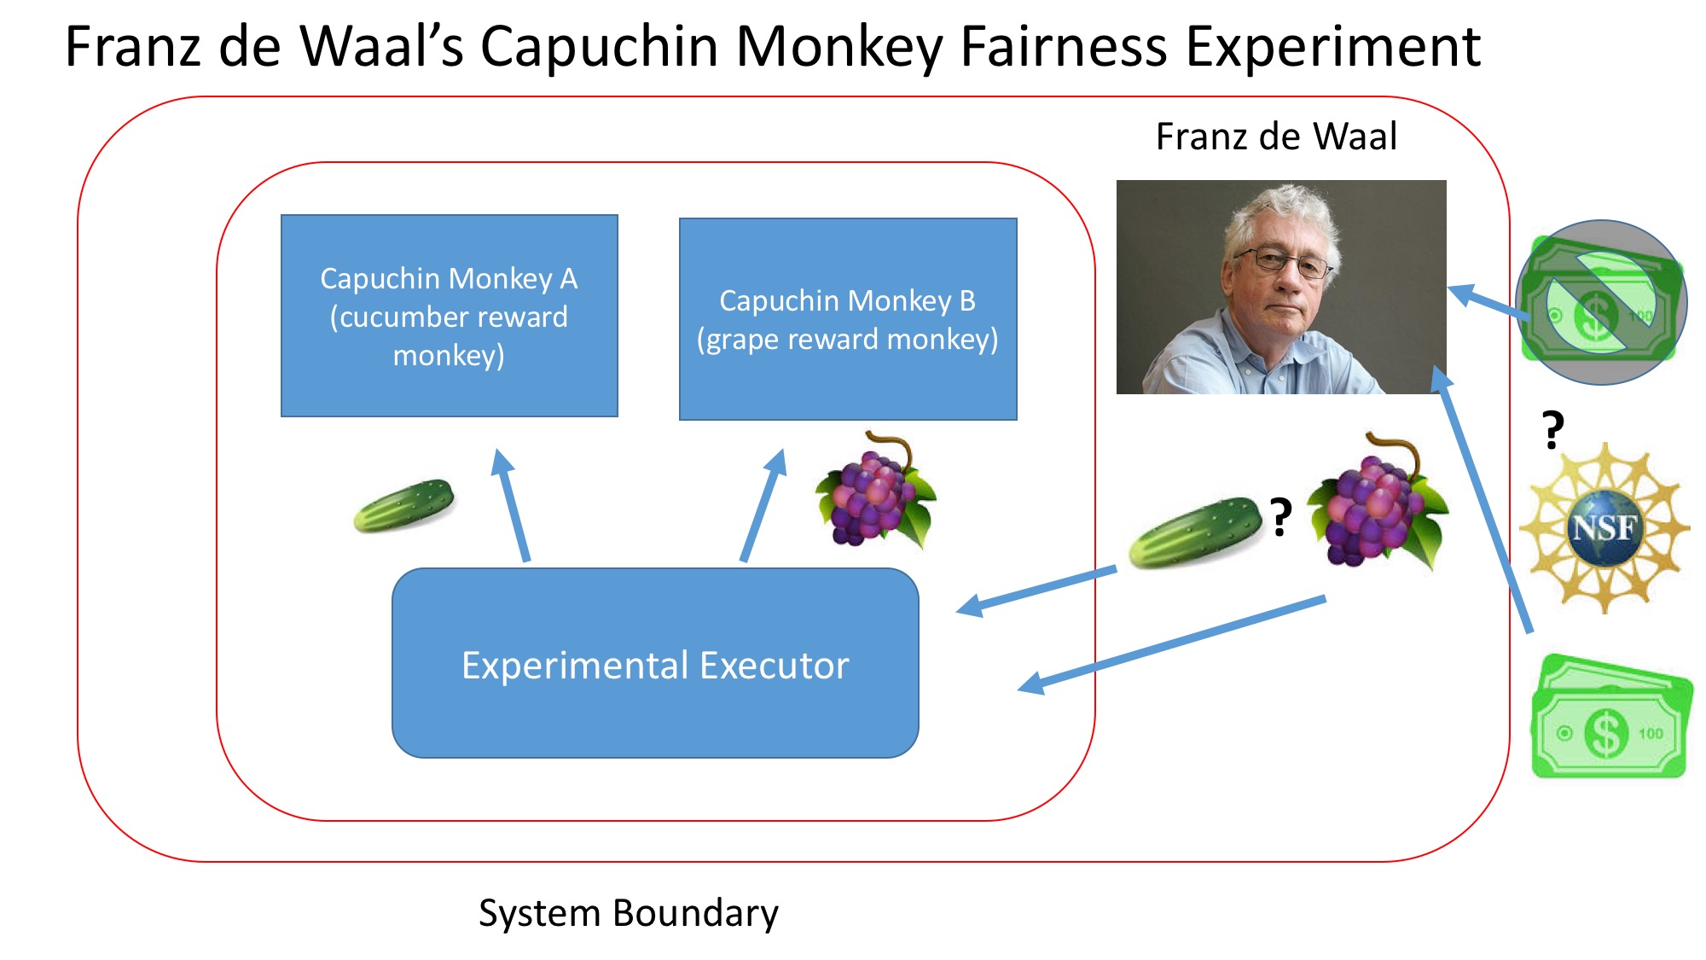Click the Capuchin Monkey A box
tap(449, 316)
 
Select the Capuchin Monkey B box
tap(848, 319)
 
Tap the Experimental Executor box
tap(655, 664)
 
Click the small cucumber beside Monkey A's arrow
tap(404, 505)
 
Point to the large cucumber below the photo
tap(1194, 532)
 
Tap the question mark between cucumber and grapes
tap(1280, 517)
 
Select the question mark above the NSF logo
tap(1552, 429)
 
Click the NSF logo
tap(1604, 527)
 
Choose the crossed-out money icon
tap(1602, 302)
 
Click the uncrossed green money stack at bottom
tap(1610, 719)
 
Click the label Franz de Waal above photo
tap(1276, 137)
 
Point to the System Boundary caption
tap(628, 913)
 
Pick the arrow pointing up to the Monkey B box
tap(762, 505)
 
